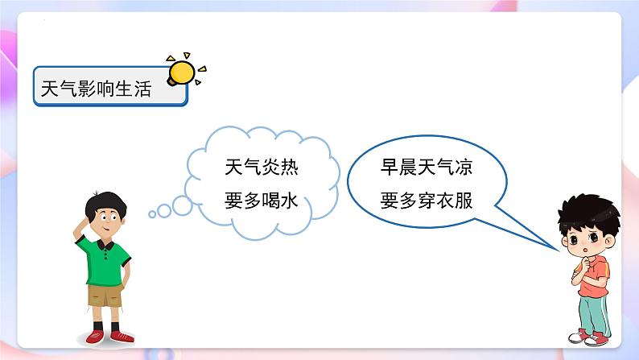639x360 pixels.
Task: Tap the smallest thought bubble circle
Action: tap(152, 214)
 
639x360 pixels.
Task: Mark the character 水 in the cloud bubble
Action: tap(289, 201)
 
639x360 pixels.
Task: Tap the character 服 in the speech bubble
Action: tap(462, 201)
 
